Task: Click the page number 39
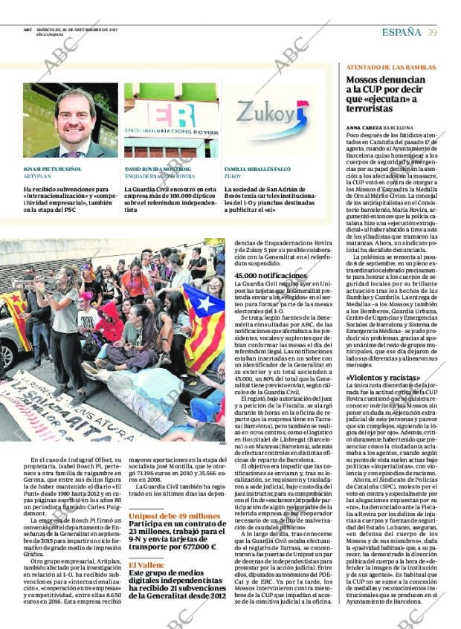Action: click(432, 32)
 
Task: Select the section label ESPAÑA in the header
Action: click(402, 32)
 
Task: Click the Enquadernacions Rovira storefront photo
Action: click(171, 120)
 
